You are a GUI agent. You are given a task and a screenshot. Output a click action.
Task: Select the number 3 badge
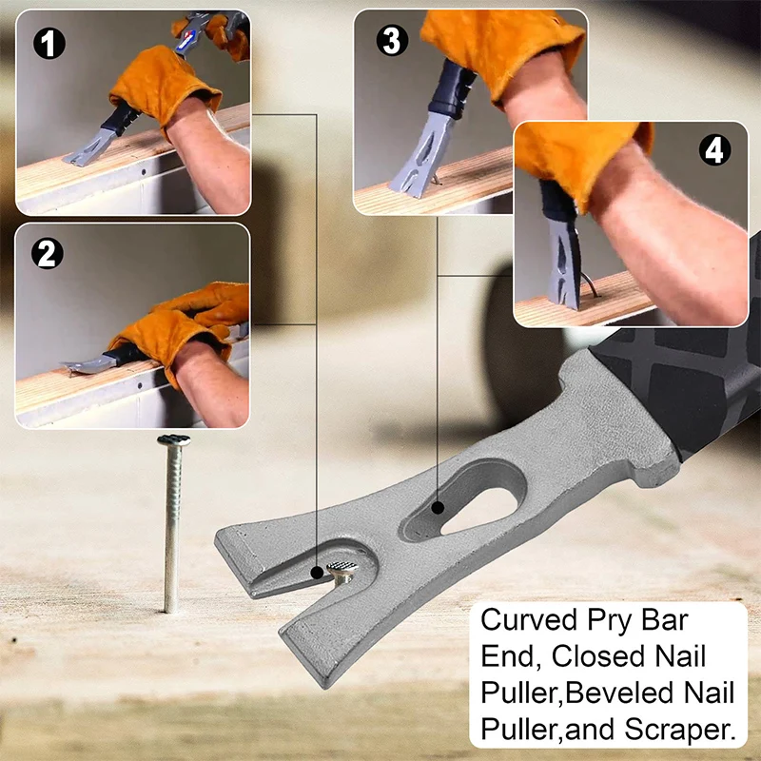point(388,41)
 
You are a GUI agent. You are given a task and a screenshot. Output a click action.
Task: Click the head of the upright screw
point(173,440)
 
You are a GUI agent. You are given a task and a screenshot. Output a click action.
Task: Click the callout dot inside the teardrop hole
point(437,508)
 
